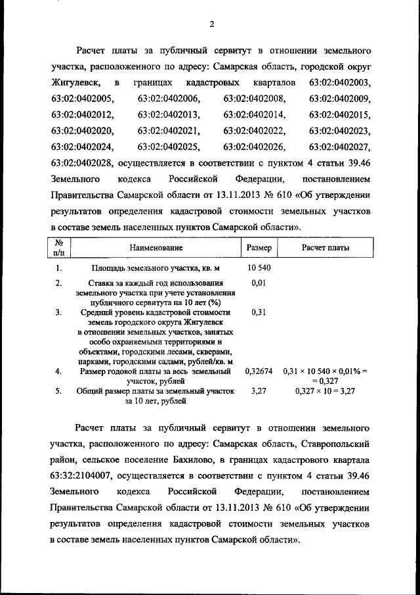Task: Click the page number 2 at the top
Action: (211, 25)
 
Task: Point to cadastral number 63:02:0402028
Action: (83, 162)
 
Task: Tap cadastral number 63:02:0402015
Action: (339, 114)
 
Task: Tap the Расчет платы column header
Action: (325, 248)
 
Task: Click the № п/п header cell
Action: (59, 248)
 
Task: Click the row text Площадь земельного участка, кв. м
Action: (156, 268)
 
